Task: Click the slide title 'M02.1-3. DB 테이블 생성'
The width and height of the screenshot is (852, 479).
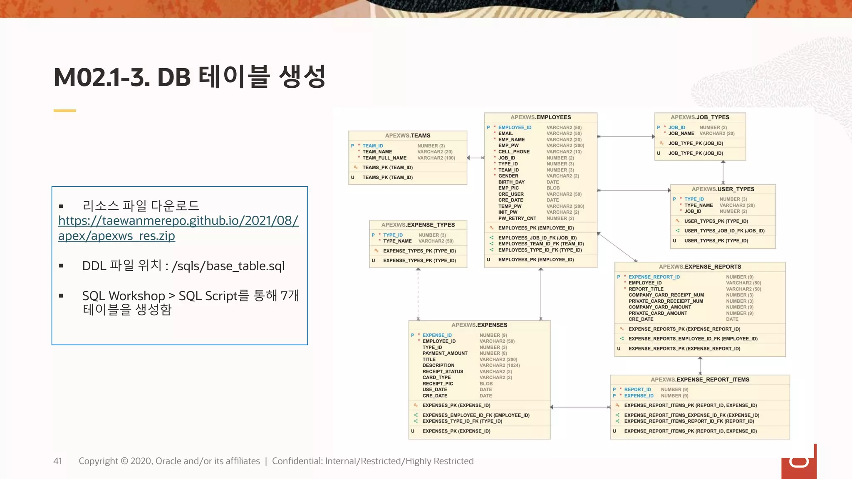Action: point(189,77)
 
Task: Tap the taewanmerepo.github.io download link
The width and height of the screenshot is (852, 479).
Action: point(178,228)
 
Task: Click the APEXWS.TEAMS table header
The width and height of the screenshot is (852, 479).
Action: point(408,136)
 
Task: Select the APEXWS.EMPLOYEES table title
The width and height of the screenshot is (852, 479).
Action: point(540,117)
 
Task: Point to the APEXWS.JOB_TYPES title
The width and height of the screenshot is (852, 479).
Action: point(700,117)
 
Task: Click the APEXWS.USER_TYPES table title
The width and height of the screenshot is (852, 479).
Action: point(723,189)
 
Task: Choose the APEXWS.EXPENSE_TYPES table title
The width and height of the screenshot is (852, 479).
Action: point(418,225)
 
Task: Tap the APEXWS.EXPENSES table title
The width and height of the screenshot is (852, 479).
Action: point(479,325)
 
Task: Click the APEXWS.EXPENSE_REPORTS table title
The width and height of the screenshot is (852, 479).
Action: point(700,267)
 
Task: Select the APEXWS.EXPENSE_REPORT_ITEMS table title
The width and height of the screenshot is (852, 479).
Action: point(700,380)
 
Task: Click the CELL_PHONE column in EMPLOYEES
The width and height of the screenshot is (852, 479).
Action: point(514,152)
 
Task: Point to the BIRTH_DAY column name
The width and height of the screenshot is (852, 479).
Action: point(511,182)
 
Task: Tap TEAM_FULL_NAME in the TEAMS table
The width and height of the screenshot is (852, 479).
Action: point(384,158)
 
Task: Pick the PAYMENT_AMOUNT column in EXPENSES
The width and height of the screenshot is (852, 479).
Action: point(445,353)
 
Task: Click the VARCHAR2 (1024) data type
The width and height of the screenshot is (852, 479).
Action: point(500,365)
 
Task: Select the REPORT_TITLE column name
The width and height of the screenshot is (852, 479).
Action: point(646,289)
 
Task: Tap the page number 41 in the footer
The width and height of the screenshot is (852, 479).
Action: point(57,461)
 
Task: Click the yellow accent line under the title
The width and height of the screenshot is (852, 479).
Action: point(64,111)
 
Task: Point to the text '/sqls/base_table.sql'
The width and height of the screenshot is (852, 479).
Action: point(228,266)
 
